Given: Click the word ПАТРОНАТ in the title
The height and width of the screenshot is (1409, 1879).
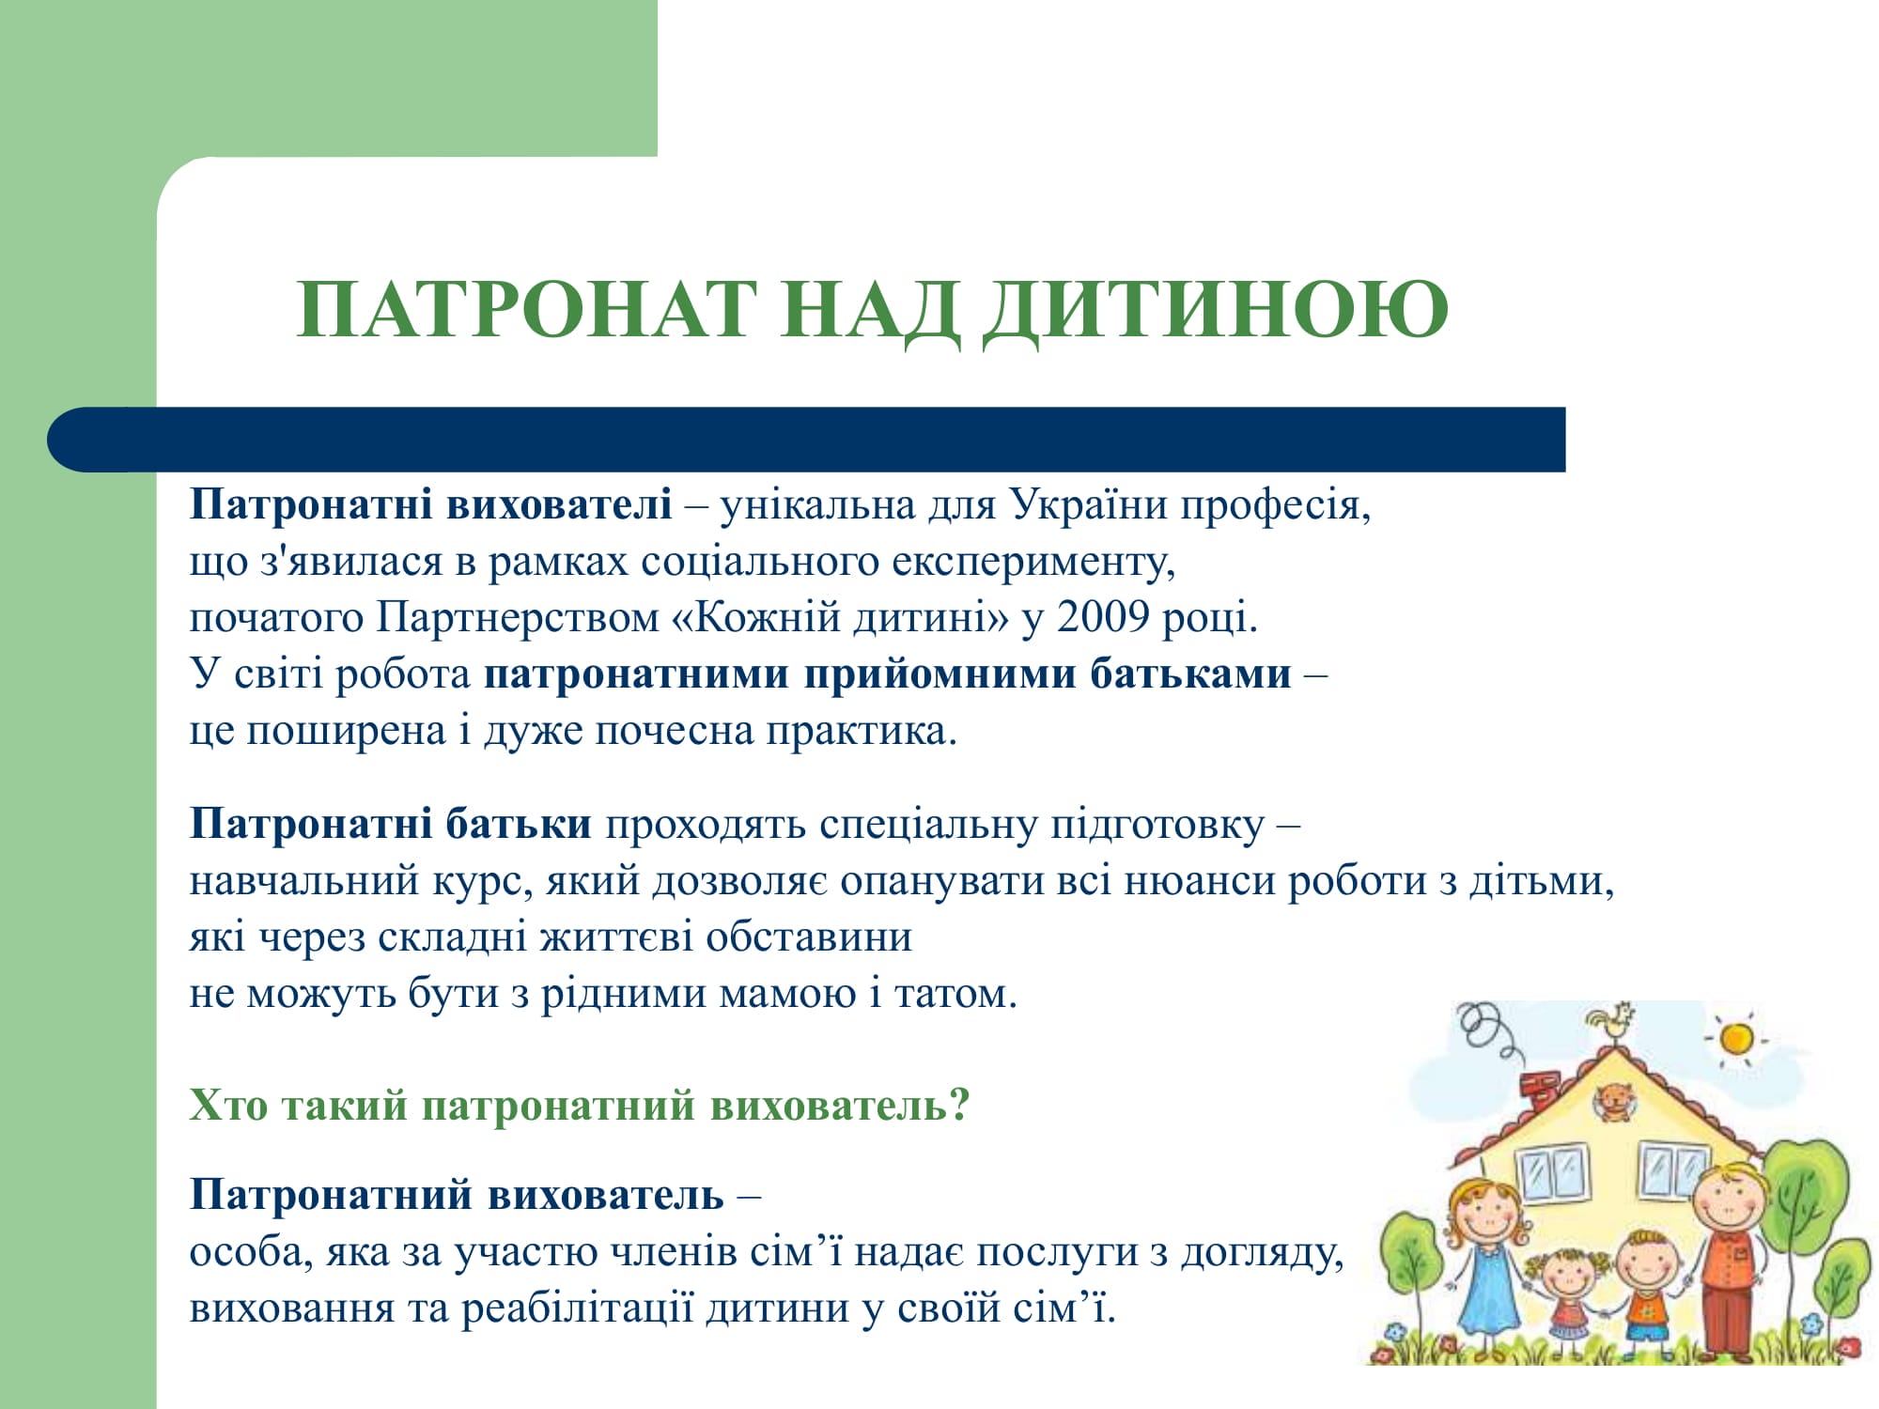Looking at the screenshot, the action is tap(527, 309).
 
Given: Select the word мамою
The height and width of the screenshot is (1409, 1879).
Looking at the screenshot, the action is tap(787, 994).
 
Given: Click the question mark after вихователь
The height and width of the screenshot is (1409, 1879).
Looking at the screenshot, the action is tap(959, 1105).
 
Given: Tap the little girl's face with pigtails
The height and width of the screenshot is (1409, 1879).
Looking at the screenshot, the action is tap(1567, 1280).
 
